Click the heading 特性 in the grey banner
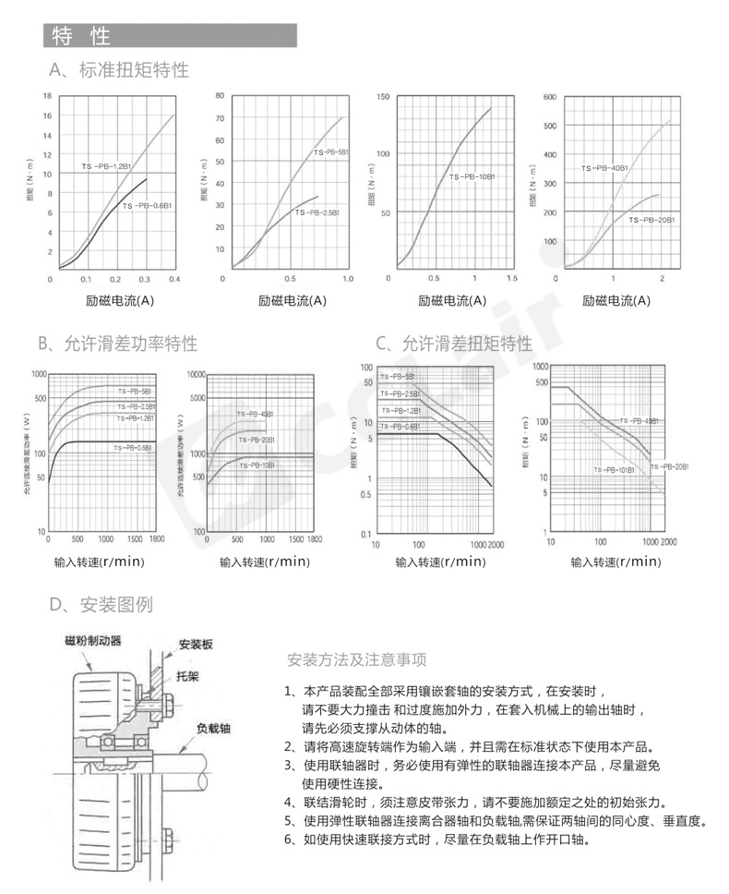(x=81, y=36)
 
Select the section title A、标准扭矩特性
(x=119, y=70)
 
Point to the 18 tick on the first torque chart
(x=47, y=97)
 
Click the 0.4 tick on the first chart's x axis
(x=173, y=278)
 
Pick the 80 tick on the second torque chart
(x=220, y=96)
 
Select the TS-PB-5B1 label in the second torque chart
(x=330, y=152)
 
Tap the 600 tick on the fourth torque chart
(x=550, y=96)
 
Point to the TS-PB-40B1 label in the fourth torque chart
(x=604, y=169)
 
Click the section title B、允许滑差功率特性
(x=117, y=344)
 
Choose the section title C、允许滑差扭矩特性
(x=454, y=344)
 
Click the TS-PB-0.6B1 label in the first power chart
(x=133, y=448)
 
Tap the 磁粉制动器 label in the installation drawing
(x=92, y=640)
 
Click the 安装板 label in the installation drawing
(x=196, y=644)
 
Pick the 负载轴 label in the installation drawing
(x=213, y=728)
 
